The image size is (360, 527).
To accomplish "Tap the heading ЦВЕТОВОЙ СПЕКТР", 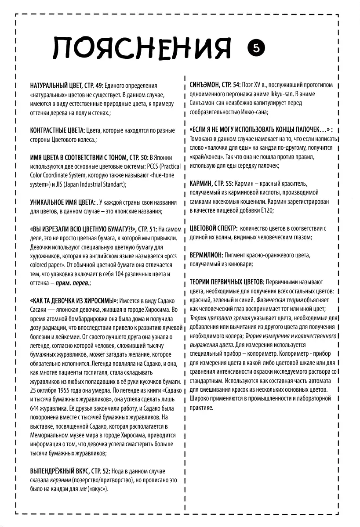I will [214, 228].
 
